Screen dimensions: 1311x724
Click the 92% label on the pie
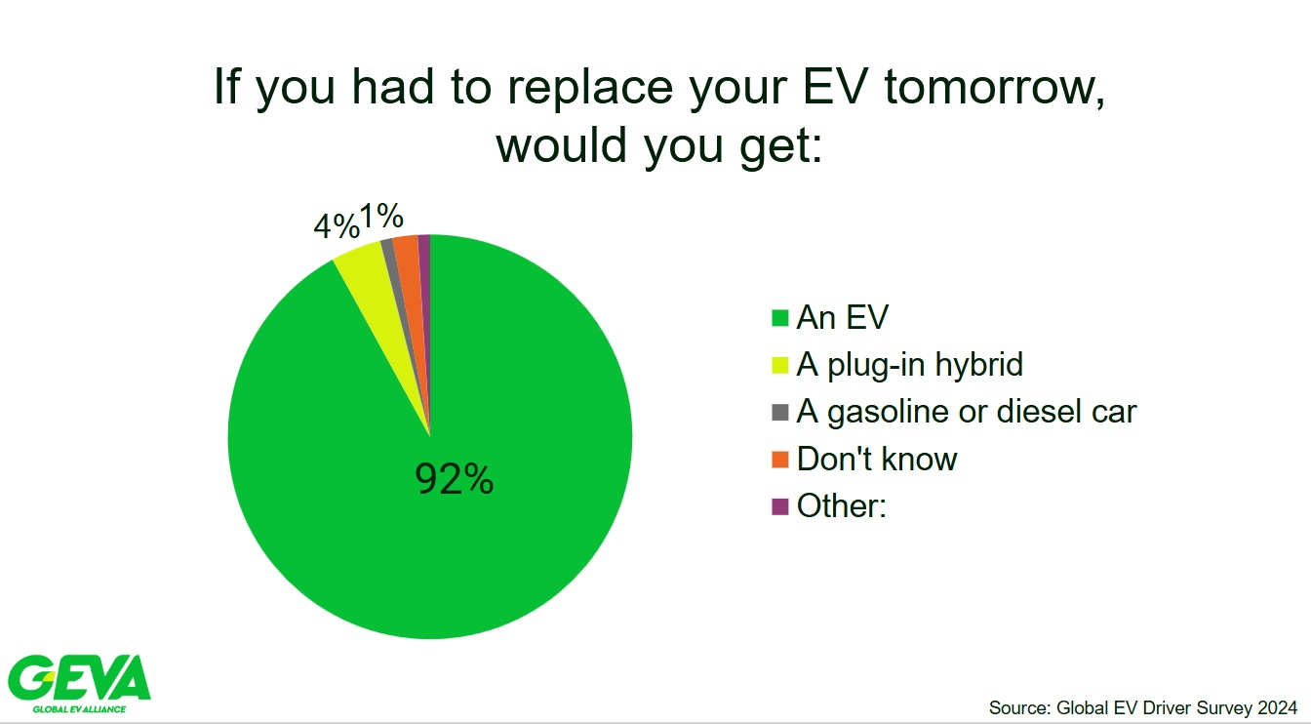454,479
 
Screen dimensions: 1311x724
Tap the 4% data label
337,226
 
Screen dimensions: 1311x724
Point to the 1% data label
381,216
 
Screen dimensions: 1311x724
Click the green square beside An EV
780,318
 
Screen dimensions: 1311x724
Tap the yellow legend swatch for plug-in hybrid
780,365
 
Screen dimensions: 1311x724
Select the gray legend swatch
780,412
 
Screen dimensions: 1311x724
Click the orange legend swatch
780,460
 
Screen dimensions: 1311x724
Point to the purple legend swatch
780,506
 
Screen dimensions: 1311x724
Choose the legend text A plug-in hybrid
909,365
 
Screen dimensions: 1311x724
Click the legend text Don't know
877,459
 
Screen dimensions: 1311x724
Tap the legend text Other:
842,505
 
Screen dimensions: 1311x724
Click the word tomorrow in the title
994,87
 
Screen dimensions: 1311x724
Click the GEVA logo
79,684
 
